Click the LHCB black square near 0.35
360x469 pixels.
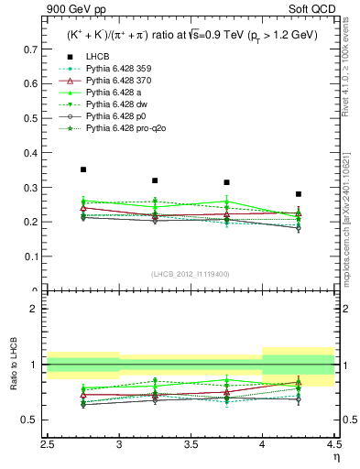tap(83, 169)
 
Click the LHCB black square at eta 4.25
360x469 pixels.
tap(299, 194)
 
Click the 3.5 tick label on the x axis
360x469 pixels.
tap(191, 443)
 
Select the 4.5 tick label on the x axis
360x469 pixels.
tap(333, 443)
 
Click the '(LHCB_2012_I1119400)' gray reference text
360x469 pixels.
tap(191, 275)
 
